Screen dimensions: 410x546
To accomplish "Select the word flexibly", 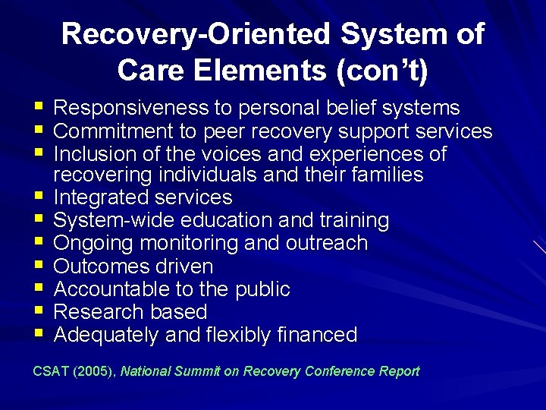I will (x=225, y=335).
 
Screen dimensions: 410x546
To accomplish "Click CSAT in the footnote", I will (x=49, y=371).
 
